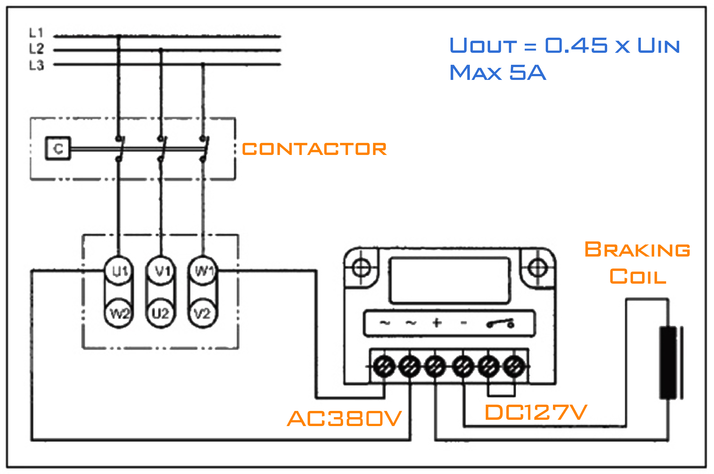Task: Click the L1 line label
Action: (x=36, y=33)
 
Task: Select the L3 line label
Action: (x=36, y=65)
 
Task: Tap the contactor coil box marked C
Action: (x=58, y=148)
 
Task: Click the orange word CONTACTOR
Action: (x=314, y=149)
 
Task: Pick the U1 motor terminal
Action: (x=119, y=271)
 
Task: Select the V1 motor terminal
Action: (x=161, y=271)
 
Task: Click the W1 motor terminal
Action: (x=203, y=271)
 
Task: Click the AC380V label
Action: (x=344, y=419)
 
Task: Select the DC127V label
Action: (x=536, y=412)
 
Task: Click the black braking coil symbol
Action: (x=668, y=363)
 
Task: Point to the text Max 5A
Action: (x=498, y=72)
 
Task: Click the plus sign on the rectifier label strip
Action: (x=437, y=323)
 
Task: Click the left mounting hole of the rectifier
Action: (x=361, y=267)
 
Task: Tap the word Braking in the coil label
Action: (x=637, y=250)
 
